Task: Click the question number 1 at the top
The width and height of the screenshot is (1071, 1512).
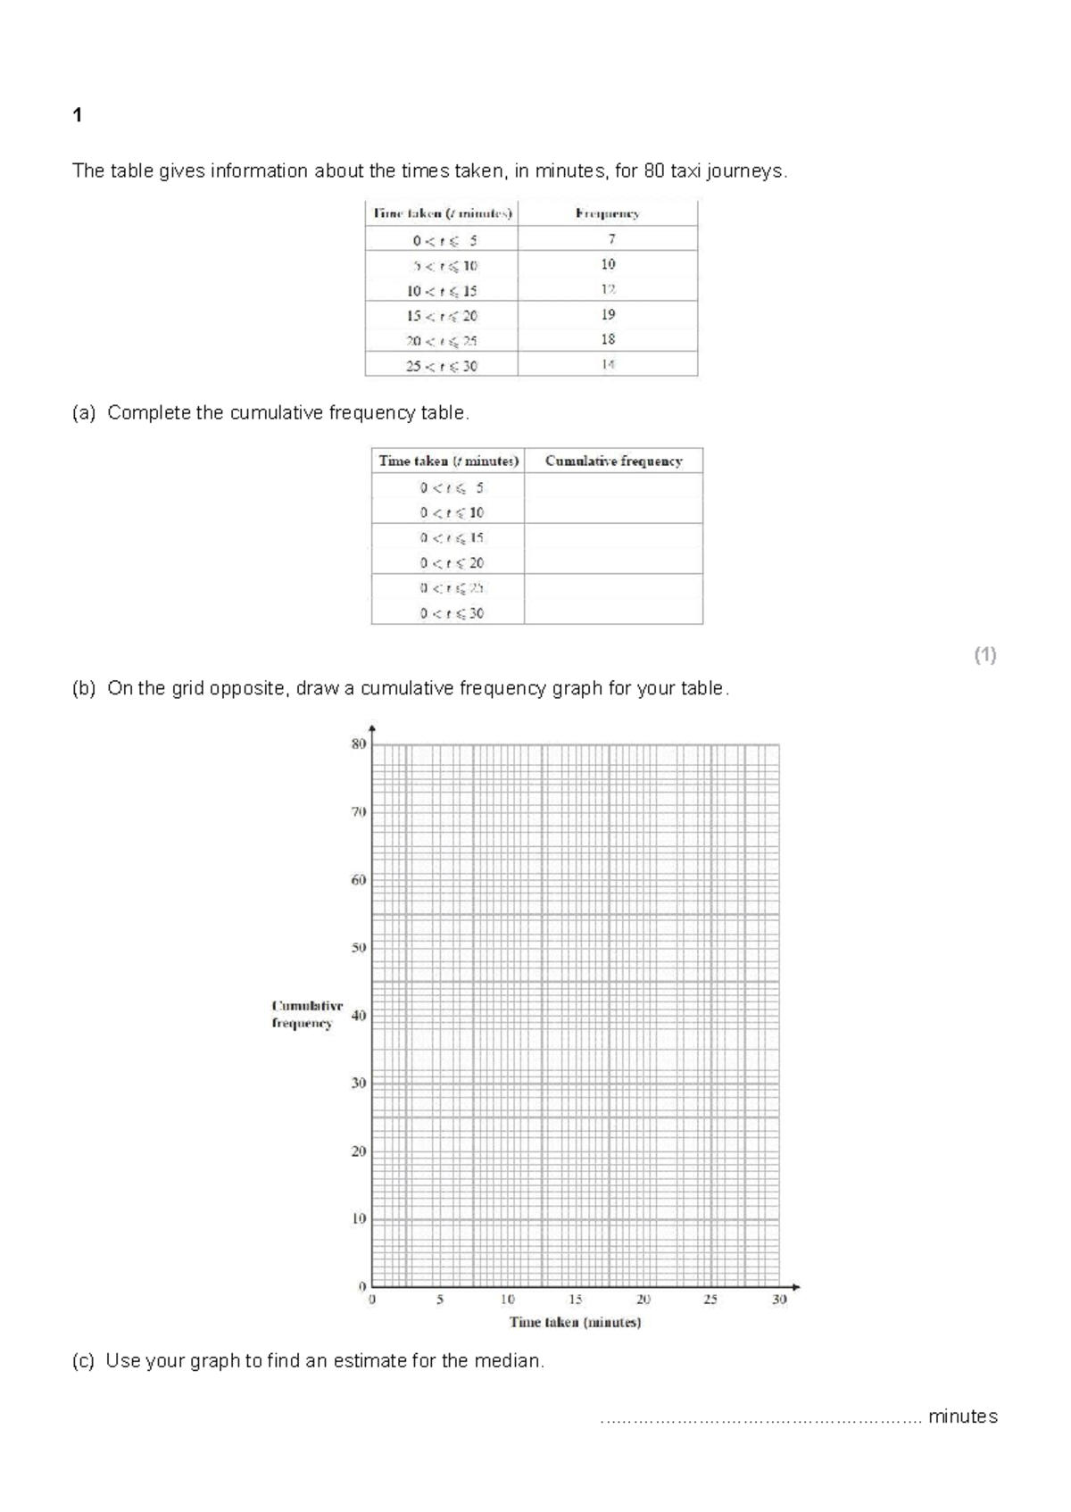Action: (78, 115)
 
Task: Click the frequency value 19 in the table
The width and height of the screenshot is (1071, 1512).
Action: (608, 314)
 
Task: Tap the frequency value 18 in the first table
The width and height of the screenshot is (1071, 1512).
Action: (608, 339)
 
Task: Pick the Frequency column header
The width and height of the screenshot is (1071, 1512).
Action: (607, 213)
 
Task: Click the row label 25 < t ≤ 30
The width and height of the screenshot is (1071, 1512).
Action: (442, 366)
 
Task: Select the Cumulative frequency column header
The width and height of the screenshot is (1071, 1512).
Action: (613, 461)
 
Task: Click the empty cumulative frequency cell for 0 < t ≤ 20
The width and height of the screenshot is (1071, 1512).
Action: (613, 562)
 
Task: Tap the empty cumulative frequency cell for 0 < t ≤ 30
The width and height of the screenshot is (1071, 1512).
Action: (613, 612)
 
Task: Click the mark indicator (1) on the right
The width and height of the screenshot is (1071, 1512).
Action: (985, 655)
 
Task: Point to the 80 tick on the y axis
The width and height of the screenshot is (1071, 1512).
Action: (359, 744)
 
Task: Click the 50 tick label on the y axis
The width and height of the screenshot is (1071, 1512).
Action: (359, 947)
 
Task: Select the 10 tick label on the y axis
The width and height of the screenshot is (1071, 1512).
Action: (359, 1218)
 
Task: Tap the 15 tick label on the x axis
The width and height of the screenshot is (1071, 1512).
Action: (576, 1300)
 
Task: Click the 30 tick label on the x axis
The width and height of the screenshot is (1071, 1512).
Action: (779, 1300)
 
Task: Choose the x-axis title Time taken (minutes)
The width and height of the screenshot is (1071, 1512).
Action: (575, 1322)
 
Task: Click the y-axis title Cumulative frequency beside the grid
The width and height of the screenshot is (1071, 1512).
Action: (306, 1014)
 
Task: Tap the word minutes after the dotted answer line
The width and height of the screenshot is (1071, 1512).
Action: (962, 1416)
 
